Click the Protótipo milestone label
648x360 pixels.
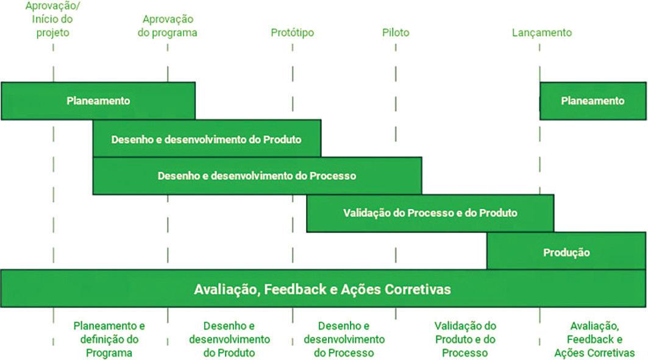292,33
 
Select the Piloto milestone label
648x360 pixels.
396,33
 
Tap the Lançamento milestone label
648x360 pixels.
541,33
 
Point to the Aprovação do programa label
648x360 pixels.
168,26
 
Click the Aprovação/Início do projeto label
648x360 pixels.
52,19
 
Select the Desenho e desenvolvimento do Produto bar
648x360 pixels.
206,139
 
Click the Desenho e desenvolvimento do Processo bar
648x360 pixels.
257,175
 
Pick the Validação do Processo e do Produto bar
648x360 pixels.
430,213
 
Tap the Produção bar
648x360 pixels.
566,251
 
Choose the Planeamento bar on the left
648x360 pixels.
98,101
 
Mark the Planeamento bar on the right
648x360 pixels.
593,101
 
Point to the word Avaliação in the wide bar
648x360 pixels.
225,289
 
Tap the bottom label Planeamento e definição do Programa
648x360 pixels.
109,339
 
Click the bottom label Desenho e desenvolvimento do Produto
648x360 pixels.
229,339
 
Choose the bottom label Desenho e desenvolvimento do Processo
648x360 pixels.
344,339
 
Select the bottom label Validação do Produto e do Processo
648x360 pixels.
465,339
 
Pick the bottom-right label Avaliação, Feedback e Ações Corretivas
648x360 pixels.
594,339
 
